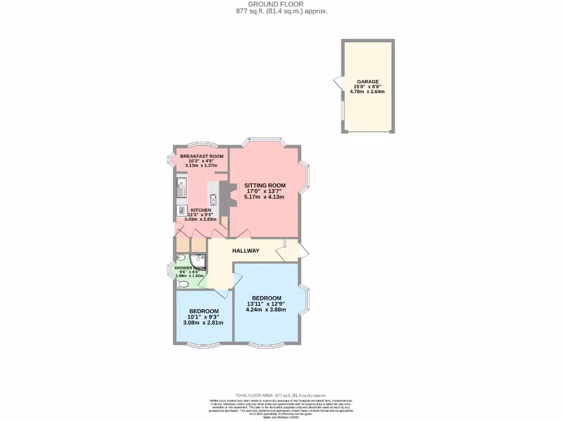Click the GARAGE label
(368, 82)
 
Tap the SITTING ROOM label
(265, 185)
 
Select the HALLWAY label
(245, 251)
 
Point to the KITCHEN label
(200, 210)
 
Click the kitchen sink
(182, 188)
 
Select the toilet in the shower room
(183, 284)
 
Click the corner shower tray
(198, 260)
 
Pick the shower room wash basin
(181, 258)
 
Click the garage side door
(337, 84)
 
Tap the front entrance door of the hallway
(302, 251)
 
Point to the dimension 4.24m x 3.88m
(265, 309)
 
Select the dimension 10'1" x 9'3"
(204, 317)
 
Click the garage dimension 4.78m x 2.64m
(367, 92)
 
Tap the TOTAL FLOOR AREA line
(280, 395)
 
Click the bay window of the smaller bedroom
(201, 345)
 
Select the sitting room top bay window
(266, 141)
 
